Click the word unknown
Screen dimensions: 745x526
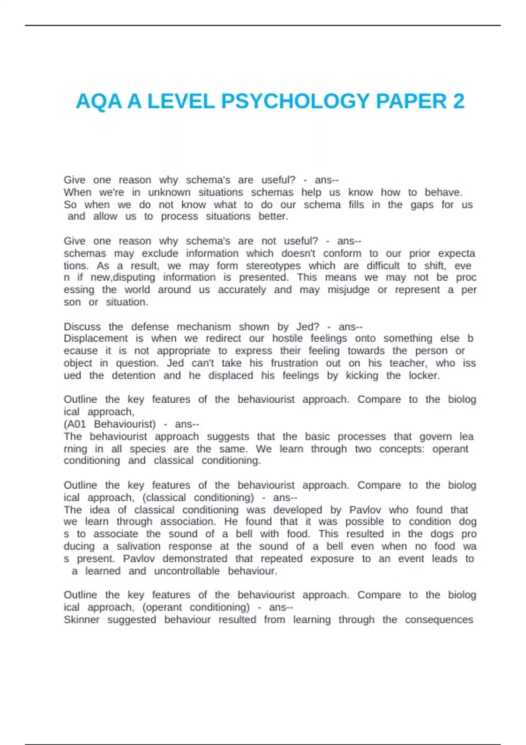[169, 192]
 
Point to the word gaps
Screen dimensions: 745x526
[422, 205]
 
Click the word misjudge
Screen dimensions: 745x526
[348, 290]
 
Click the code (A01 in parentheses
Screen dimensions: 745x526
[75, 424]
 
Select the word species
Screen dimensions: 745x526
[148, 449]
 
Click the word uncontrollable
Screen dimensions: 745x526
[187, 571]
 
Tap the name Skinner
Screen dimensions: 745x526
[82, 620]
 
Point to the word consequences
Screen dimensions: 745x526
[439, 620]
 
